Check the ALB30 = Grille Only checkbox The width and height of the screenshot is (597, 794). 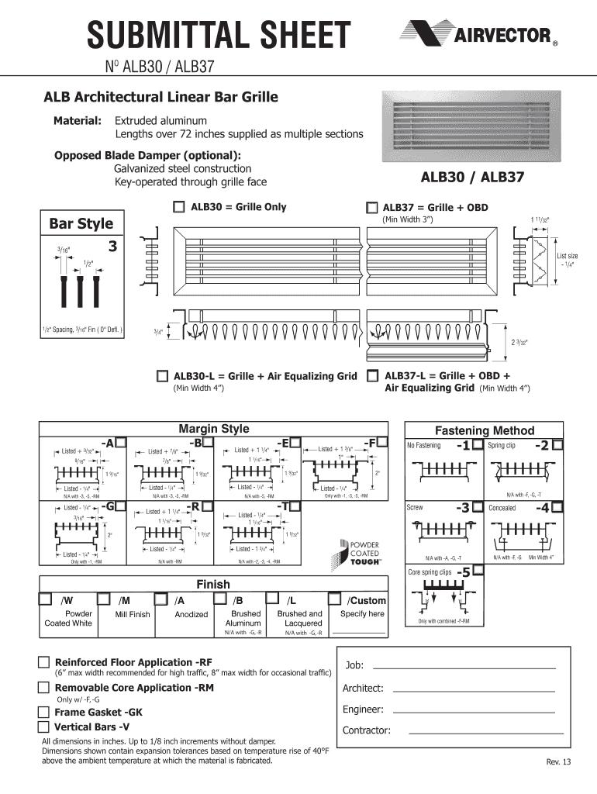(179, 207)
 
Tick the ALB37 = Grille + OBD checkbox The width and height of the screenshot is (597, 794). (372, 209)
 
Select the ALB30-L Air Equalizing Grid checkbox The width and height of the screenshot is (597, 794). (162, 376)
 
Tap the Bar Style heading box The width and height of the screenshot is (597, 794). (81, 224)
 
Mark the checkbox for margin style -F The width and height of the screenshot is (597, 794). (383, 442)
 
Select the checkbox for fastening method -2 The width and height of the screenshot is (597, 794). (557, 445)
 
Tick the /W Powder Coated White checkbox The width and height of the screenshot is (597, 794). (47, 599)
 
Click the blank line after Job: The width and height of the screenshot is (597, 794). (464, 667)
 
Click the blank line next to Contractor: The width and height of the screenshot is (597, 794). (485, 732)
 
